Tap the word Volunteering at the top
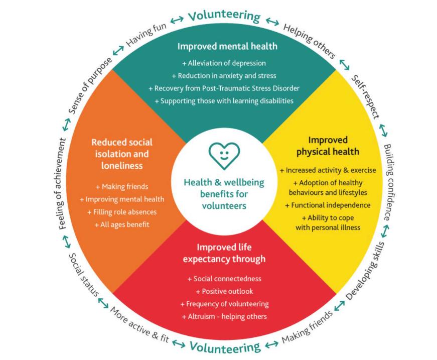[224, 16]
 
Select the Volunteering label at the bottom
[224, 346]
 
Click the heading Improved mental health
[227, 47]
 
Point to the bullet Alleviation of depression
[224, 63]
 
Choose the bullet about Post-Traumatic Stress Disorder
[224, 88]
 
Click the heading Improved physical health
[328, 146]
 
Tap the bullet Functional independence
[328, 205]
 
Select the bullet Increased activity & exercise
[328, 170]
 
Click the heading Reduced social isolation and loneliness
[122, 154]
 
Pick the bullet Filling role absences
[122, 212]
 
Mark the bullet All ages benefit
[122, 224]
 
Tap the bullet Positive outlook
[224, 291]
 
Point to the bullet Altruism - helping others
[224, 316]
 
